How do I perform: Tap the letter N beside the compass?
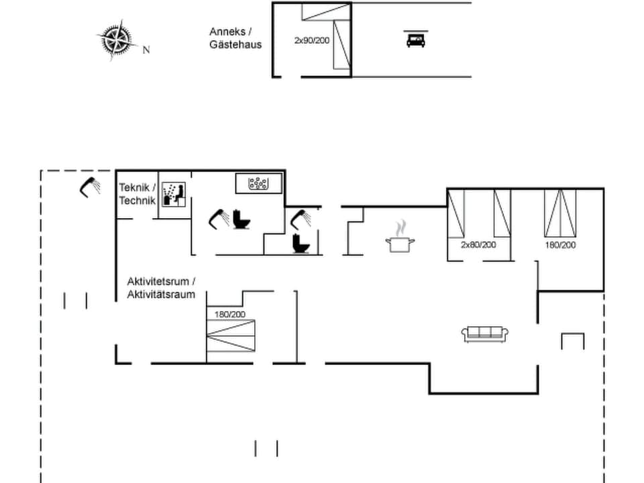(146, 50)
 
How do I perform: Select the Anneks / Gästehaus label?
(235, 38)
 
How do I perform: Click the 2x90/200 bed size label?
(313, 40)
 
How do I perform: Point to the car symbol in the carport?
(415, 40)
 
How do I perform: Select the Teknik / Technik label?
(138, 194)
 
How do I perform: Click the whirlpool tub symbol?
(258, 183)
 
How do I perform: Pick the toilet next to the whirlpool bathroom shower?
(240, 219)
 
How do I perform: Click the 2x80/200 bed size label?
(478, 245)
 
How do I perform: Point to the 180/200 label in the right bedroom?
(560, 245)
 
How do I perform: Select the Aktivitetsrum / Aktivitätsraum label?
(161, 288)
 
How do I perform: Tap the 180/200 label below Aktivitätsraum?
(230, 314)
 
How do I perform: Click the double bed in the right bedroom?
(560, 213)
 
